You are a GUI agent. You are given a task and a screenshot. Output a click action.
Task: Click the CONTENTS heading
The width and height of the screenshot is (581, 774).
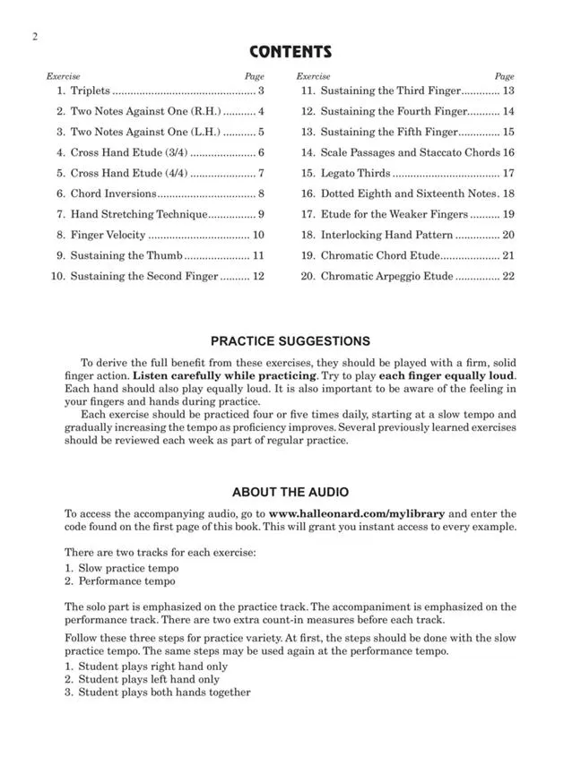click(x=290, y=52)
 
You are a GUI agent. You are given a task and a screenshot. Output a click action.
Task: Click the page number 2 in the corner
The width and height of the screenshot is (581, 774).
click(x=33, y=36)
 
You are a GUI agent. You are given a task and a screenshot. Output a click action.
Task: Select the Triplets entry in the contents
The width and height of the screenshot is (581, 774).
click(x=90, y=90)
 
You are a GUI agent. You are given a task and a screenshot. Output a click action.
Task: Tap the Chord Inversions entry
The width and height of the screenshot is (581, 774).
click(x=113, y=193)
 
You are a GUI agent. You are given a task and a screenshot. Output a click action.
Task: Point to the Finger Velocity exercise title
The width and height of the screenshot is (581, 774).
click(x=108, y=235)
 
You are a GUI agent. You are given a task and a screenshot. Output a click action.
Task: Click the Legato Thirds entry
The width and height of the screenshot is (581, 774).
click(x=355, y=173)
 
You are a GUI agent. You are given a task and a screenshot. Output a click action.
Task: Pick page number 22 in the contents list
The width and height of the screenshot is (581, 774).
click(x=508, y=276)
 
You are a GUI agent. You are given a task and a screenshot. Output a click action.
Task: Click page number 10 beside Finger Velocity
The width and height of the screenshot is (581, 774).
click(x=258, y=235)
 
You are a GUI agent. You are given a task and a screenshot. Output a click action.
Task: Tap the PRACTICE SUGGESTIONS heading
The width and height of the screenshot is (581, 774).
click(x=290, y=341)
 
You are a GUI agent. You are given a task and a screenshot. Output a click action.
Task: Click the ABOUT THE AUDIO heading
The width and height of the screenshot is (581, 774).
click(x=290, y=493)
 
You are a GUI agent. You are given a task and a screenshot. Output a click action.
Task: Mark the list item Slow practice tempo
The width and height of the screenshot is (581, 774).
click(x=127, y=568)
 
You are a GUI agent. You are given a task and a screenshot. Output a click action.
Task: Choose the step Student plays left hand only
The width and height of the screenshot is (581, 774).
click(x=149, y=679)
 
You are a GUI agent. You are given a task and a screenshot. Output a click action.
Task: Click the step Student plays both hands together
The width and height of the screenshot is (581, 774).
click(x=164, y=692)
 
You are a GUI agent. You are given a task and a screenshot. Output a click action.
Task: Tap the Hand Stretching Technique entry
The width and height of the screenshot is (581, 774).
click(x=139, y=214)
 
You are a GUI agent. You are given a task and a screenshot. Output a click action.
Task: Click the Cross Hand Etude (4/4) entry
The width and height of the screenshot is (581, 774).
click(x=129, y=173)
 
